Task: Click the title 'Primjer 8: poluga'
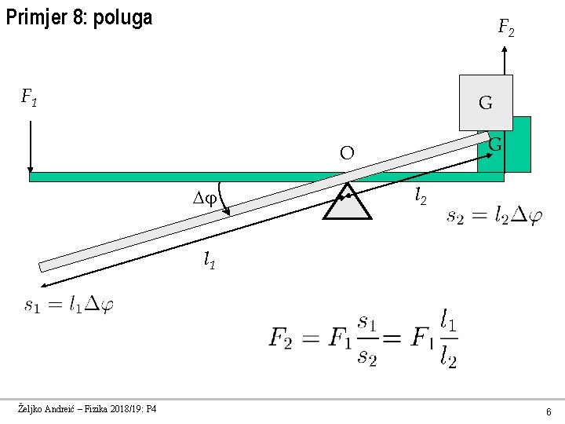point(78,17)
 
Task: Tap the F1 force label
point(30,98)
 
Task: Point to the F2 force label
point(506,30)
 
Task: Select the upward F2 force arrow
point(506,60)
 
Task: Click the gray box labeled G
point(485,102)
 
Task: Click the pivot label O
point(347,152)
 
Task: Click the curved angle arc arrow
point(224,198)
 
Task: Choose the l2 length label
point(421,196)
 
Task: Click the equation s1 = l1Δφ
point(68,305)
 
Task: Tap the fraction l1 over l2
point(447,339)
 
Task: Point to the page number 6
point(549,411)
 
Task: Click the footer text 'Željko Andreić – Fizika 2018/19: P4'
point(87,409)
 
